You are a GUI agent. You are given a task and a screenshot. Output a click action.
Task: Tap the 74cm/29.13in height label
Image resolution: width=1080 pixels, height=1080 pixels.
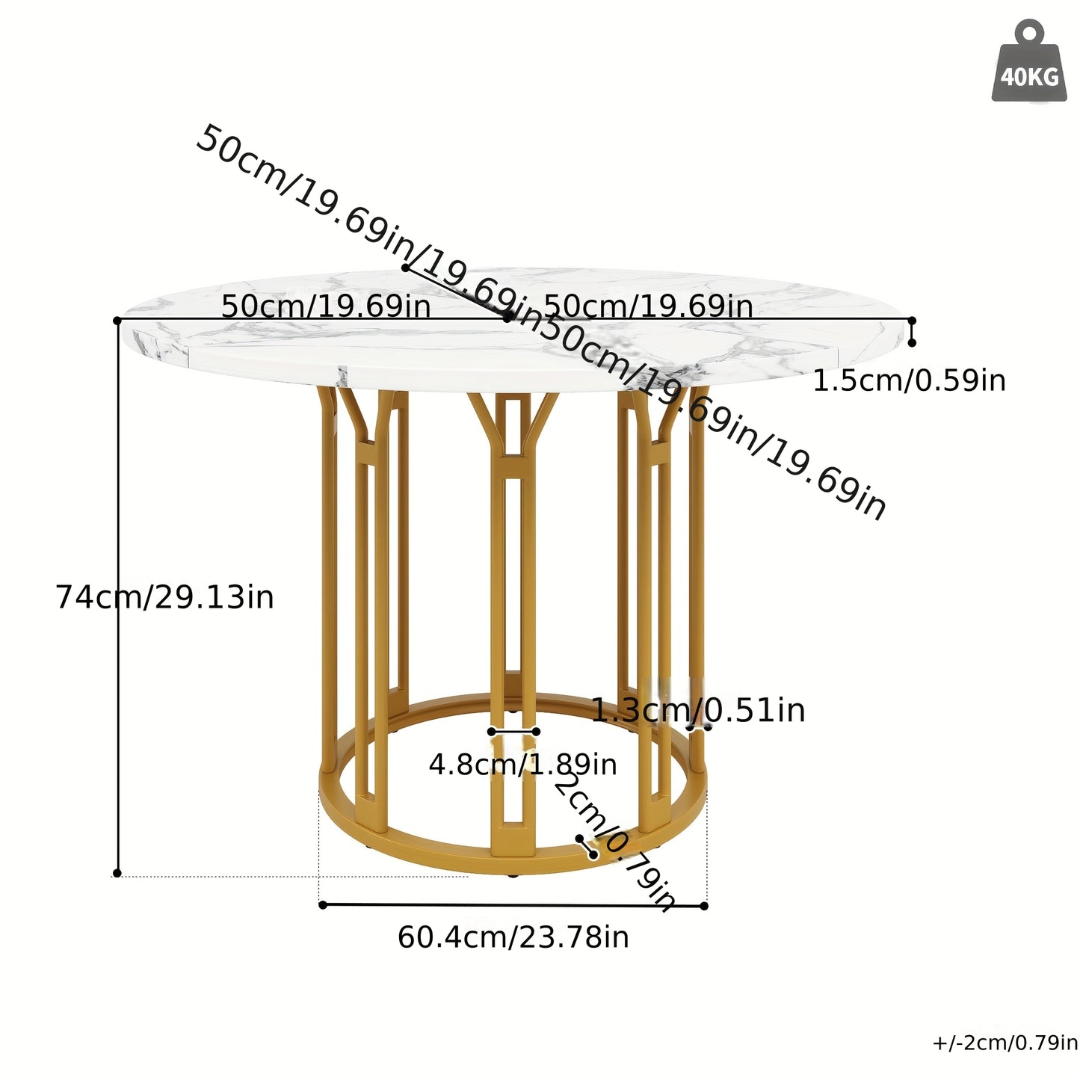point(164,598)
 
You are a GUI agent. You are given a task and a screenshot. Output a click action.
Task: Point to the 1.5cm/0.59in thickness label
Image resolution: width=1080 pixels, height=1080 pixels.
point(909,381)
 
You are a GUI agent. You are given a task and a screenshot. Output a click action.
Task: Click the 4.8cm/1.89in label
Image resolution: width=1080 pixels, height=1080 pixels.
point(523,765)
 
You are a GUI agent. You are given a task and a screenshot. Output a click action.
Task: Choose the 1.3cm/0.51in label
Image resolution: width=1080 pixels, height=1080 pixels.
point(698,710)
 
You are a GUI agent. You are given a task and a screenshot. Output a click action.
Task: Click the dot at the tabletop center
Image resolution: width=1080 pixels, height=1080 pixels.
point(507,318)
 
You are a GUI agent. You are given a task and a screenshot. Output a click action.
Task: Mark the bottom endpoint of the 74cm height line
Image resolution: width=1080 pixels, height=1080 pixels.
point(117,873)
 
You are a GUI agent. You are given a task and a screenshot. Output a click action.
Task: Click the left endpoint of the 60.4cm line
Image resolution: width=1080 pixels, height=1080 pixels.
point(322,905)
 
